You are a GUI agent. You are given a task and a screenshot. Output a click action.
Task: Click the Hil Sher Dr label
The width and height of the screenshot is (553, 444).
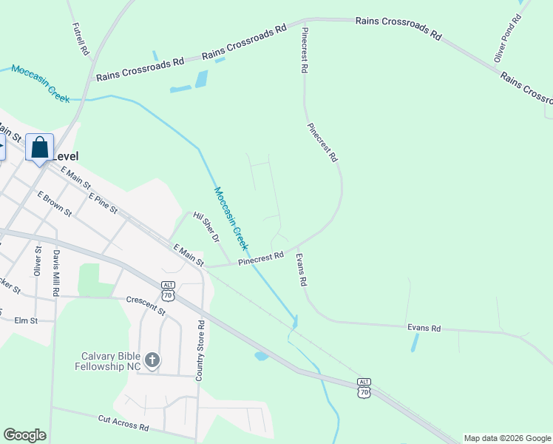[x=206, y=226]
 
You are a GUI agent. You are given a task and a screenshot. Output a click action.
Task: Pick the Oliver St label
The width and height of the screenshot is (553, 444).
[x=38, y=260]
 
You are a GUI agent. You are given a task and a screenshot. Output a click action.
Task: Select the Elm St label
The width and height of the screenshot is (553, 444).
[x=25, y=320]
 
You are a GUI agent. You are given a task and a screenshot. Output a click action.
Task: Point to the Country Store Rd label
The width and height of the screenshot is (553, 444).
[x=200, y=351]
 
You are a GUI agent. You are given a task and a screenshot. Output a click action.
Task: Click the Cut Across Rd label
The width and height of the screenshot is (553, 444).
[x=123, y=423]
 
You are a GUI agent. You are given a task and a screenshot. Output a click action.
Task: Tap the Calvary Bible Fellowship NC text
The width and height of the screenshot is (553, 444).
[x=112, y=360]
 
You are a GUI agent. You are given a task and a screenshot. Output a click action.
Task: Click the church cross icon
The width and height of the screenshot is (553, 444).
[x=152, y=360]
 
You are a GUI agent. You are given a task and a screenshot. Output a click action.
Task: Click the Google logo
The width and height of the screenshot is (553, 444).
[x=24, y=435]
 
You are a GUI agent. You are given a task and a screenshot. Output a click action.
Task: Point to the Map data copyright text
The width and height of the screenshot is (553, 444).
[x=507, y=438]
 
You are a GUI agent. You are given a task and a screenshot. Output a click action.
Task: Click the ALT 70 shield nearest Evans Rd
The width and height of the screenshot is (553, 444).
[x=364, y=388]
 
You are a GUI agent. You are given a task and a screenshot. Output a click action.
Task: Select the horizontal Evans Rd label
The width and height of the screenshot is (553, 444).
[x=424, y=328]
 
